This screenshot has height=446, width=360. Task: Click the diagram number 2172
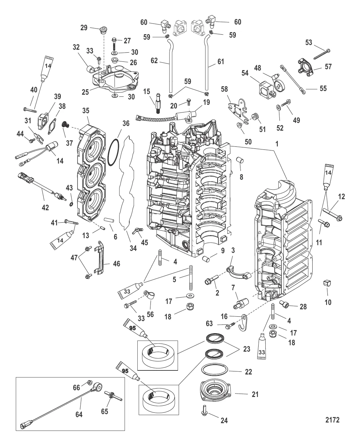coord(332,420)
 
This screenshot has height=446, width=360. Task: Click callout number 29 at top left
coord(83,28)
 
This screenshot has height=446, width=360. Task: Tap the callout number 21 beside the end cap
coord(255,394)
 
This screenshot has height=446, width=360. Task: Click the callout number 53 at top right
coord(309,42)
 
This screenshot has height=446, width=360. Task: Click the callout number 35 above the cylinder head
coord(86,110)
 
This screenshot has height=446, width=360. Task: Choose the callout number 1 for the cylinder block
coord(277,143)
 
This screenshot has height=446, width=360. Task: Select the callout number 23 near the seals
coord(246,349)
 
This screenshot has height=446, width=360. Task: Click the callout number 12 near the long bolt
coord(341,197)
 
